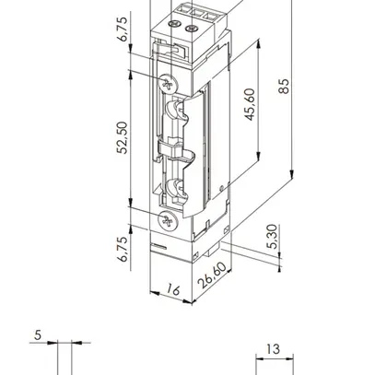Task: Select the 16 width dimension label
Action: click(x=171, y=291)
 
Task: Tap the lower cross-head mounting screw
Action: click(x=167, y=222)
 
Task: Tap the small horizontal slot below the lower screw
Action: click(x=159, y=248)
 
